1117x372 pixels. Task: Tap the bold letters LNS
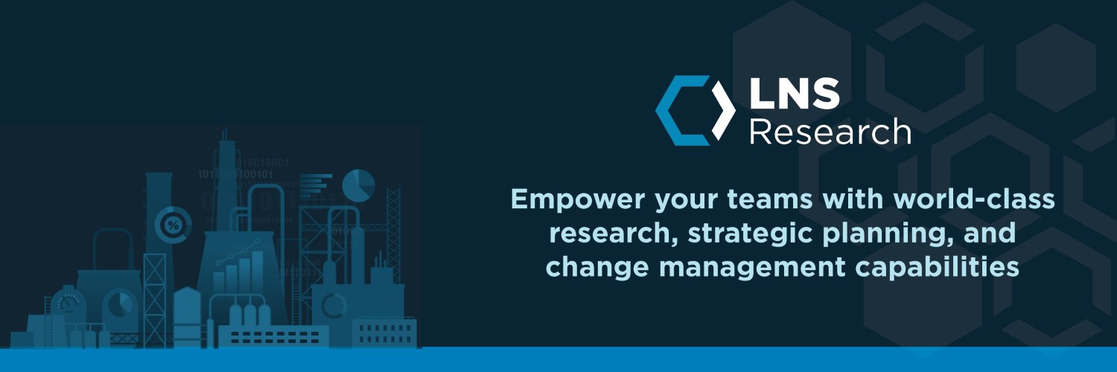pyautogui.click(x=795, y=95)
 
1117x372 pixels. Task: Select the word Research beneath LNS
pyautogui.click(x=830, y=132)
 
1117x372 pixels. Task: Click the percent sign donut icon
pyautogui.click(x=174, y=224)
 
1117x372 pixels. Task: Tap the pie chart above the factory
pyautogui.click(x=359, y=185)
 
